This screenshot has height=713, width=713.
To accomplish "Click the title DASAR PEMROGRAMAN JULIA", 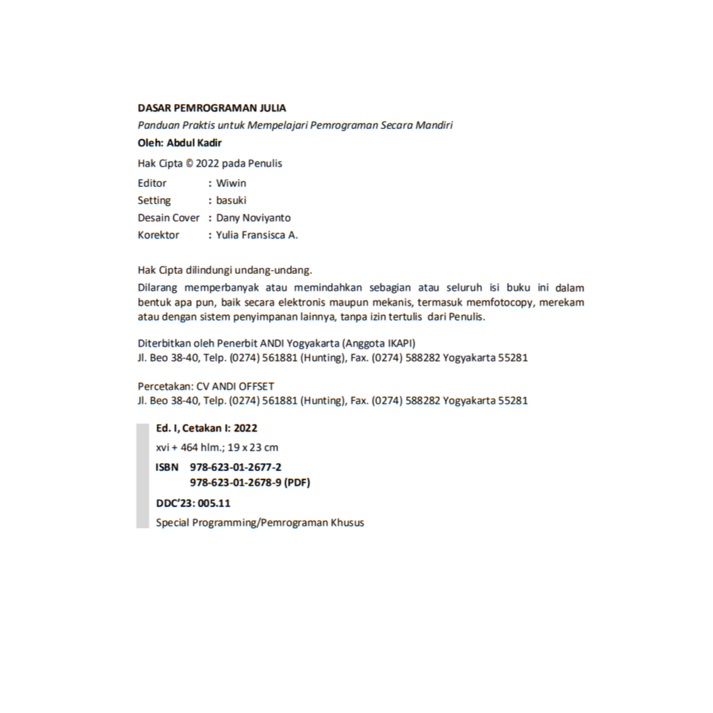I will click(x=212, y=108).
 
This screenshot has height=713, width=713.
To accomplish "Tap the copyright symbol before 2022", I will click(x=189, y=163).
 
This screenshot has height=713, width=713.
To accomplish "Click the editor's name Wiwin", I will click(x=231, y=183).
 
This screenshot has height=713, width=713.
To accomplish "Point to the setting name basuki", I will click(x=231, y=200).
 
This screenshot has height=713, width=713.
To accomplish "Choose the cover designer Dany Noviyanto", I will click(x=253, y=218).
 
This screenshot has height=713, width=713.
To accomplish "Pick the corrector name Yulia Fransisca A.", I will click(x=257, y=235).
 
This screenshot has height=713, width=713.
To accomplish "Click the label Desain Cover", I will click(x=169, y=218).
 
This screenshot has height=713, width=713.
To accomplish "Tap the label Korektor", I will click(x=158, y=235).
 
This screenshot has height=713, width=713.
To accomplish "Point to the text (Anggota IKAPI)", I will click(x=379, y=343).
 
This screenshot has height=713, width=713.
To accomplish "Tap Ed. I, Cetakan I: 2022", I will click(x=206, y=428).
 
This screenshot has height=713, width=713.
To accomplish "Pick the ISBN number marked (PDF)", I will click(x=250, y=483).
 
